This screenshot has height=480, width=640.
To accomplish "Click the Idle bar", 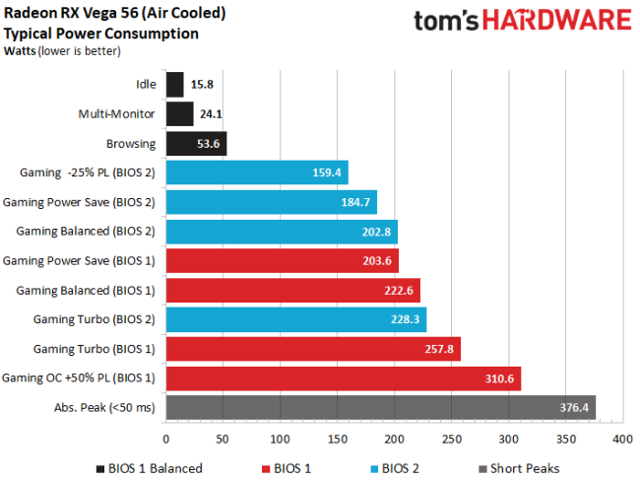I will pos(175,85).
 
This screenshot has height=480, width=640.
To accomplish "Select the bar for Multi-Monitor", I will pos(180,114).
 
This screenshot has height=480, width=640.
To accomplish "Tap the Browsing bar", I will pos(197,144).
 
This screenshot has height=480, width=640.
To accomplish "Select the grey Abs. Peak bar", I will pos(381,407).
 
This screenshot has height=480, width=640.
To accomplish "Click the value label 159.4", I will pos(325,173).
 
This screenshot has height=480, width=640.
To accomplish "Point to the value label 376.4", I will pos(572,407).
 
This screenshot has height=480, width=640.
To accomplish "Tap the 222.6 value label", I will pos(397,290).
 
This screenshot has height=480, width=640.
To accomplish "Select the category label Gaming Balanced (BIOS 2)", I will pos(86,232).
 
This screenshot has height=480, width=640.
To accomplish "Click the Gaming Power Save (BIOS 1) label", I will pos(80,261).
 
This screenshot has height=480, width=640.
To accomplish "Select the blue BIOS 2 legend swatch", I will pos(376,467).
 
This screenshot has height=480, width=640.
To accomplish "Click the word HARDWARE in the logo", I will pos(562,21).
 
